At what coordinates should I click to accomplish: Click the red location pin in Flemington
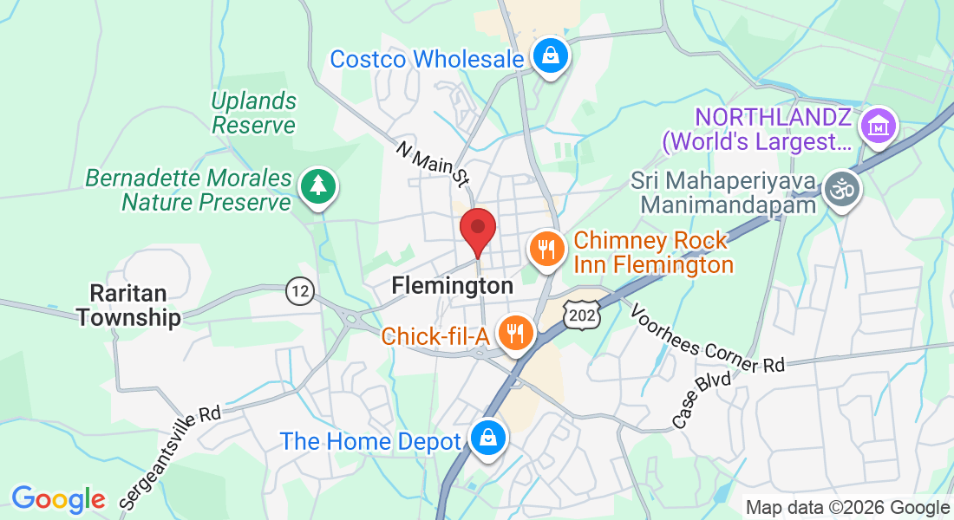[477, 230]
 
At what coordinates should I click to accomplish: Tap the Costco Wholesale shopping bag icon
[550, 57]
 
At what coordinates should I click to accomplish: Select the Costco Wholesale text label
[427, 59]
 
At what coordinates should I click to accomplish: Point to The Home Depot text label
[370, 441]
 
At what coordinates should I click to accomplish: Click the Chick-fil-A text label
[436, 335]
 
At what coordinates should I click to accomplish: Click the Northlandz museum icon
[878, 128]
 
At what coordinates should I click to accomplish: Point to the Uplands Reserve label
[254, 113]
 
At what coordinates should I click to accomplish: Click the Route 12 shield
[300, 290]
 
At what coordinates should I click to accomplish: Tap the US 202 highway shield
[581, 315]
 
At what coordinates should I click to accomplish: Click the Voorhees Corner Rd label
[707, 338]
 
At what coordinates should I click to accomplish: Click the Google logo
[58, 499]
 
